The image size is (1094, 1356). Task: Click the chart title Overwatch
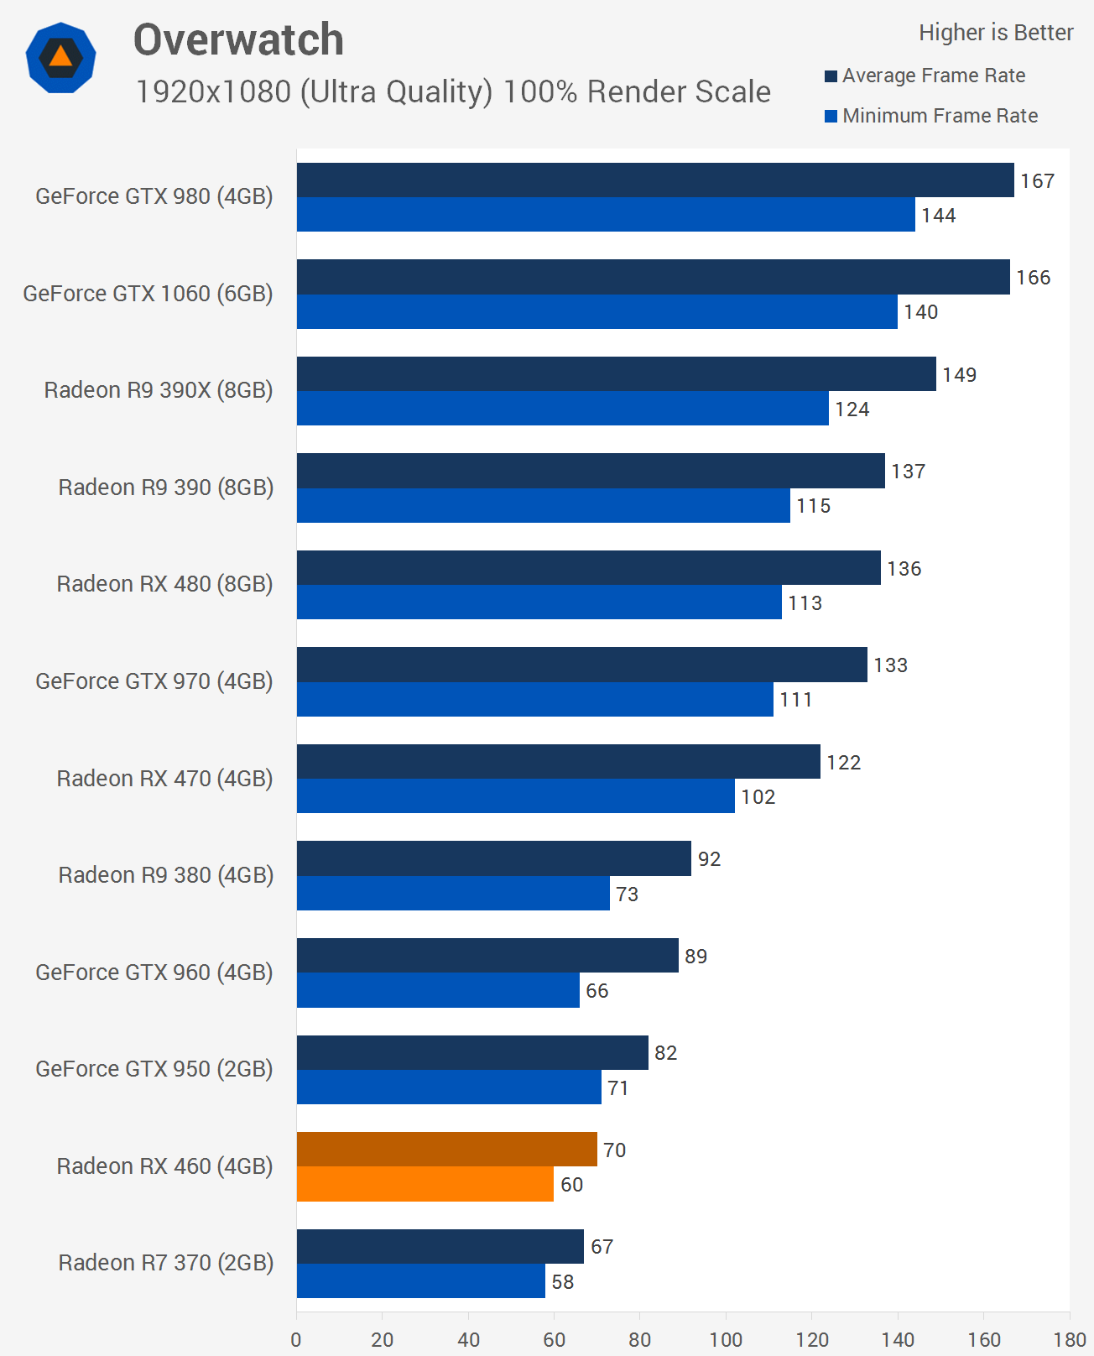(238, 40)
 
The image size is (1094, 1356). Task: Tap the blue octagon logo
(60, 58)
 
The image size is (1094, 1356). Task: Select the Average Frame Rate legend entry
(925, 76)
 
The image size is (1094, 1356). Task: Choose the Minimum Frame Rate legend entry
(931, 116)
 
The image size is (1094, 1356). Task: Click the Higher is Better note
(996, 33)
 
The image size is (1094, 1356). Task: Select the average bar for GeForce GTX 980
(654, 180)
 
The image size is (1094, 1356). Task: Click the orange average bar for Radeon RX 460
(446, 1149)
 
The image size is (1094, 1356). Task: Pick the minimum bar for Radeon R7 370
(420, 1280)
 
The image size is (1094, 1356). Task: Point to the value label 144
(938, 216)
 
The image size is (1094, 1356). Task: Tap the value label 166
(1033, 278)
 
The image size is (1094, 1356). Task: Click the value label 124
(852, 409)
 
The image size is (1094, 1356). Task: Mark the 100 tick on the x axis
(726, 1339)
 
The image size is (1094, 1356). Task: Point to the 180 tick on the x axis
(1070, 1339)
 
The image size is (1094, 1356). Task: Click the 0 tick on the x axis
(296, 1339)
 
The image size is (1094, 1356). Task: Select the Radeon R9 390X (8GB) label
(159, 390)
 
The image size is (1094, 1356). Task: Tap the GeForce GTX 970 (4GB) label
(154, 681)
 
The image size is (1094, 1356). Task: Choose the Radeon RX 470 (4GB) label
(164, 779)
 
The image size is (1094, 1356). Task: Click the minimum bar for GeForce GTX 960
(438, 990)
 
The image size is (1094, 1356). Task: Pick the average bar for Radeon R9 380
(493, 858)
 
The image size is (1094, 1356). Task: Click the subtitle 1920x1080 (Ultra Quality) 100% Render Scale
(453, 91)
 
